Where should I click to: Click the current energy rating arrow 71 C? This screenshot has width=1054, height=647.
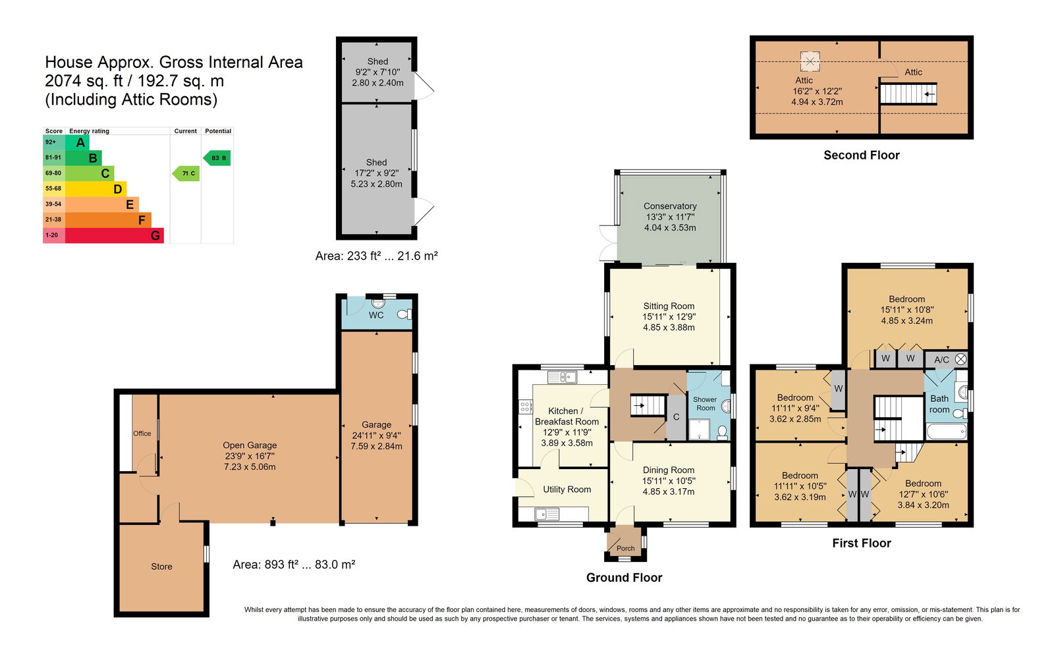(186, 173)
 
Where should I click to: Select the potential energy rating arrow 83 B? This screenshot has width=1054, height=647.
(217, 157)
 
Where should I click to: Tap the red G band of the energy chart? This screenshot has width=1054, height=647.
(115, 235)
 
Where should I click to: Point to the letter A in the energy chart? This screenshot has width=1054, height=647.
(80, 142)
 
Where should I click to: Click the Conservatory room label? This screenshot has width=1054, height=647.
(670, 206)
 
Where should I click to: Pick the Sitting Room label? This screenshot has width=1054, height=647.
(669, 306)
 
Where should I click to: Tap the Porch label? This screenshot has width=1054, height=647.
(625, 548)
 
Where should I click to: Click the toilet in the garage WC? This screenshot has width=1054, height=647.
(404, 314)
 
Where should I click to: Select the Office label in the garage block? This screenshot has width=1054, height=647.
(142, 434)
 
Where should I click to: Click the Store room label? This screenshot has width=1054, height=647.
(161, 567)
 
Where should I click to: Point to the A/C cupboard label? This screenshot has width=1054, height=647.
(941, 360)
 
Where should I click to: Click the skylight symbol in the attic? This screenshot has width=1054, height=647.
(810, 61)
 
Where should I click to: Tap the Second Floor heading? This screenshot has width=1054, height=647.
(862, 155)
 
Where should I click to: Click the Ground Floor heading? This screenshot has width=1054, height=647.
(624, 577)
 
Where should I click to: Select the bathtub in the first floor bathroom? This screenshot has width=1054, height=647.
(946, 432)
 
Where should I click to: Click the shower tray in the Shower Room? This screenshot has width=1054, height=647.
(699, 429)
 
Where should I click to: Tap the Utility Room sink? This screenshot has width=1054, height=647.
(547, 515)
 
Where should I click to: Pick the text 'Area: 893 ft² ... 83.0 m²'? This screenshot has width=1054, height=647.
(294, 564)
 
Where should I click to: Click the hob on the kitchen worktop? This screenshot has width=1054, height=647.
(526, 406)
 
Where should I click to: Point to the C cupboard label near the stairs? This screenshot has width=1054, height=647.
(676, 417)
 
